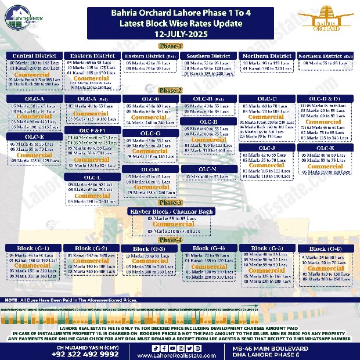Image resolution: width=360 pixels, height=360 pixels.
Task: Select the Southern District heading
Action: [x=208, y=56]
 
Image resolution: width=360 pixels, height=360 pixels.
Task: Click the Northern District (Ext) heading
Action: [x=325, y=56]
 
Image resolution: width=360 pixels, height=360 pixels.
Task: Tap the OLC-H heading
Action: [x=208, y=122]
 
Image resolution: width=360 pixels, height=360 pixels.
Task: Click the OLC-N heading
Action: [x=208, y=169]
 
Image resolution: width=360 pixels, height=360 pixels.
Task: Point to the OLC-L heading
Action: [x=92, y=177]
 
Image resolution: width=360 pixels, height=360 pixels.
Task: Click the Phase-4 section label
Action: [x=171, y=239]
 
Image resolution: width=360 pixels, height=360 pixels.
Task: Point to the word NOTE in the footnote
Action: [x=10, y=300]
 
